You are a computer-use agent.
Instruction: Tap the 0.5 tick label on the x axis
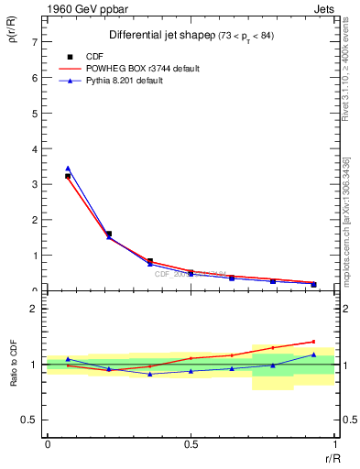pyautogui.click(x=191, y=443)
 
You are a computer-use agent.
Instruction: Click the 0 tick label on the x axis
pyautogui.click(x=47, y=443)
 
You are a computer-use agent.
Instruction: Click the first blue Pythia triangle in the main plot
pyautogui.click(x=68, y=169)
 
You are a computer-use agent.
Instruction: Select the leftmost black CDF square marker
pyautogui.click(x=68, y=176)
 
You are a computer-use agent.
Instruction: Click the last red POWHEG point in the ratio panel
pyautogui.click(x=313, y=342)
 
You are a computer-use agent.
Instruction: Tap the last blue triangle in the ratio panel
pyautogui.click(x=313, y=354)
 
